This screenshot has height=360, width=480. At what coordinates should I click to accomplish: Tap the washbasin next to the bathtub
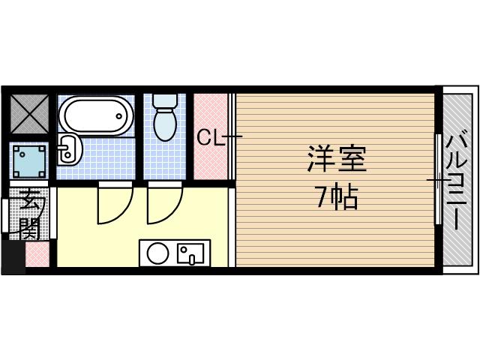click(x=67, y=150)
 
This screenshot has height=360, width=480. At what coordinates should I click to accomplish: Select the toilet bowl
click(x=164, y=124)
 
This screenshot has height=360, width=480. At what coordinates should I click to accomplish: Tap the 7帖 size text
click(x=336, y=197)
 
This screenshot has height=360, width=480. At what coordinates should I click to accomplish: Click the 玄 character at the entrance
click(x=29, y=202)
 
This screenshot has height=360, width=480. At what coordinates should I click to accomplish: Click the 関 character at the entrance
click(x=29, y=228)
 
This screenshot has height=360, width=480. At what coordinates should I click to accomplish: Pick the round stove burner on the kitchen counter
click(x=157, y=253)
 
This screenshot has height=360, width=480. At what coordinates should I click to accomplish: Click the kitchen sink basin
click(x=191, y=253)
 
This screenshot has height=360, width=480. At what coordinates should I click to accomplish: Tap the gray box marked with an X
click(x=29, y=115)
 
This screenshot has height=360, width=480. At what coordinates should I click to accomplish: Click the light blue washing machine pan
click(x=30, y=161)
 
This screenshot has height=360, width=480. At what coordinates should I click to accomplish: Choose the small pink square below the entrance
click(x=37, y=254)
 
